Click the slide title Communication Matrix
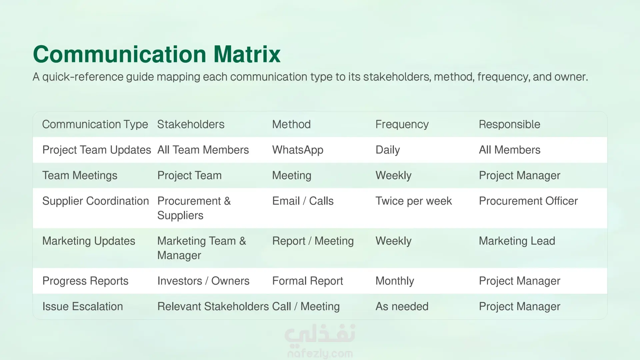[157, 54]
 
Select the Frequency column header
[402, 124]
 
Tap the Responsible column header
[509, 124]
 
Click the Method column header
[291, 124]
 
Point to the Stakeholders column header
[191, 124]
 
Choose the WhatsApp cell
[298, 150]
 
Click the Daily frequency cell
[388, 150]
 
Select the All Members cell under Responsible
[510, 150]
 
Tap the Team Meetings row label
[80, 176]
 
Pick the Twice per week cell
[414, 201]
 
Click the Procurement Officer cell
[528, 201]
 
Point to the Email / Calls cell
[303, 201]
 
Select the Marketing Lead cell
[517, 241]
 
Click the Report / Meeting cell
[313, 241]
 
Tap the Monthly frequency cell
[395, 281]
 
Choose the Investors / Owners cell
[203, 281]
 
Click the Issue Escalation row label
[83, 307]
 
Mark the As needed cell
[402, 307]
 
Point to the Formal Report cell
[308, 281]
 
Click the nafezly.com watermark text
[320, 353]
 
